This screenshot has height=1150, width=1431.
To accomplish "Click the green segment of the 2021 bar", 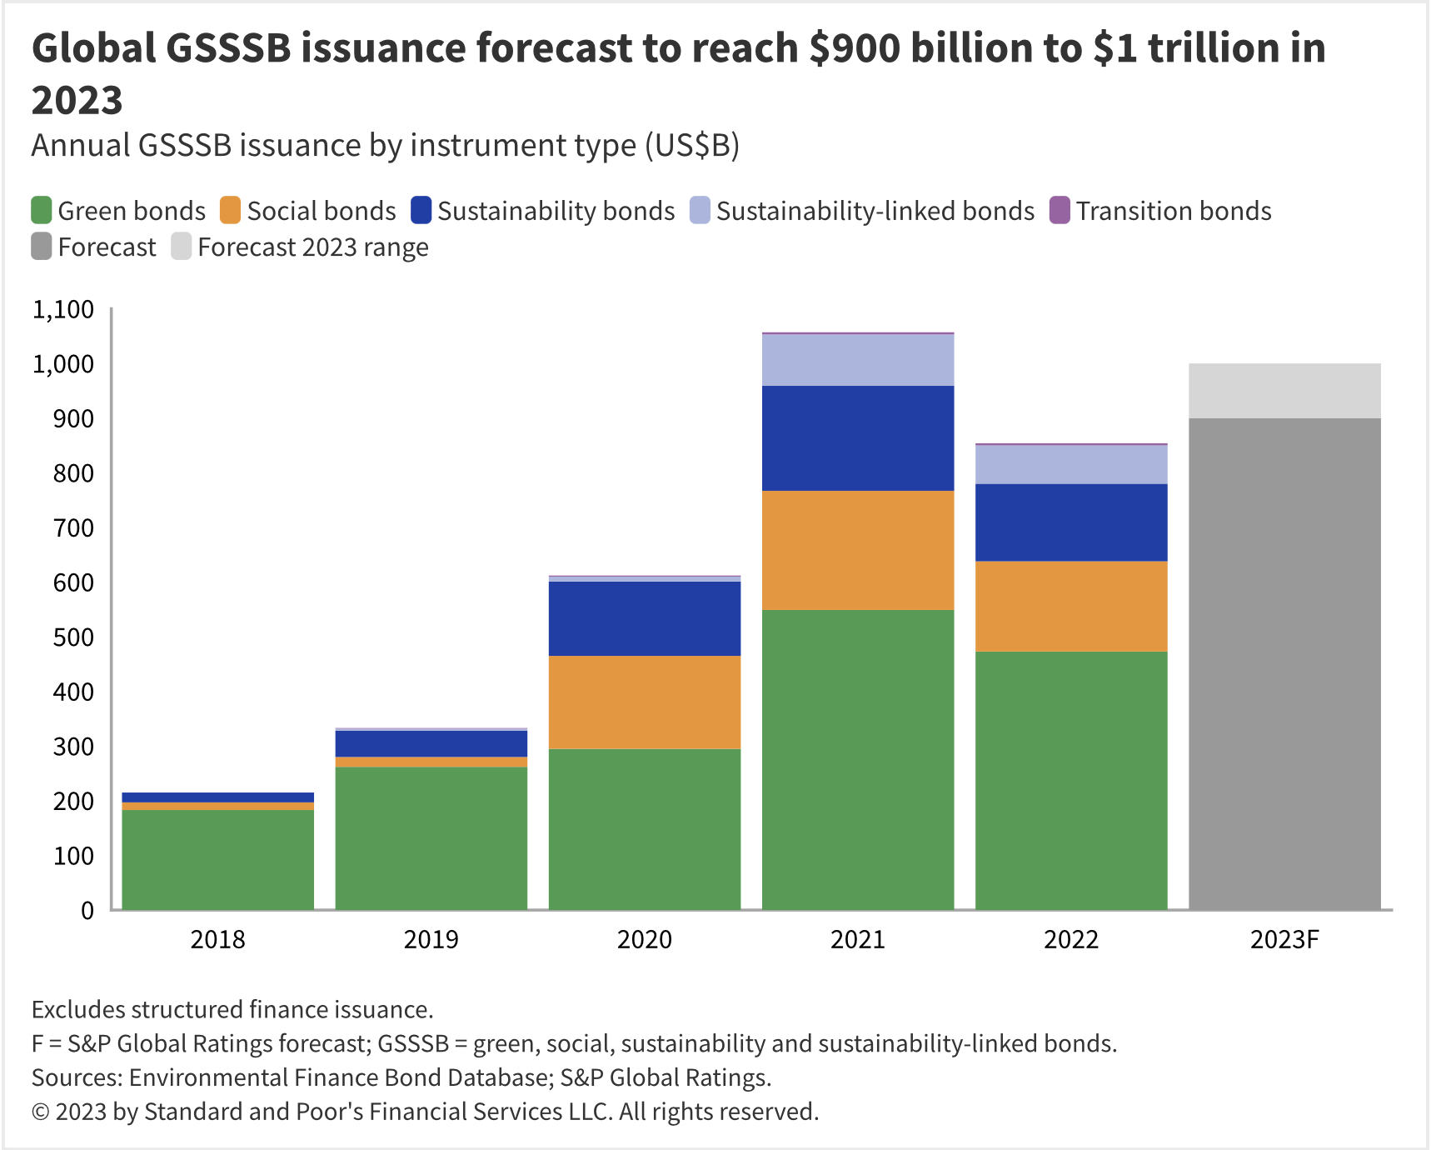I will tap(858, 759).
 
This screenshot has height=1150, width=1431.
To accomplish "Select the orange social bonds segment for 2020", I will tap(645, 702).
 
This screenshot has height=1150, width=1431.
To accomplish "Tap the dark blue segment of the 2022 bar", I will tap(1071, 522).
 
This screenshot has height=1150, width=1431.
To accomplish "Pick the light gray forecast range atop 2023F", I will tap(1284, 391).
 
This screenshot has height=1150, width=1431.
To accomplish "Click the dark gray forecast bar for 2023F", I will tap(1284, 663).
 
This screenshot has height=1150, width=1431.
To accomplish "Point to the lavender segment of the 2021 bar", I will tap(858, 360).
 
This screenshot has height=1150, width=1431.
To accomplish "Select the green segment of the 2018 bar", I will tap(218, 859).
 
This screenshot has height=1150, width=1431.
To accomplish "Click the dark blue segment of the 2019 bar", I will tap(431, 743).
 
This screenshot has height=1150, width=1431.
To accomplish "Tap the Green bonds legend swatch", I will tap(42, 210).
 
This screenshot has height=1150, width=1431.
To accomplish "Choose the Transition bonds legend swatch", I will tap(1060, 210).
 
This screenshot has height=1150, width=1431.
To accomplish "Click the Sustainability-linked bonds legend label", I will tap(875, 211).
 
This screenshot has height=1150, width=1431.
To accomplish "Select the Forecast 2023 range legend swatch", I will tap(182, 247).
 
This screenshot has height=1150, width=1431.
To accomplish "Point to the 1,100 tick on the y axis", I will tap(63, 310).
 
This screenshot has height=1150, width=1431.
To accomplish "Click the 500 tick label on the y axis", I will tap(73, 637).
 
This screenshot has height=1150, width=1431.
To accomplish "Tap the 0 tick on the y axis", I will tap(87, 910).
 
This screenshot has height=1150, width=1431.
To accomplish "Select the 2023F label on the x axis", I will tap(1284, 940).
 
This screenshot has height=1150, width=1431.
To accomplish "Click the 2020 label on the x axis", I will tap(645, 940).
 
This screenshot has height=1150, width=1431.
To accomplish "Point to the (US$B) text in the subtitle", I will tap(692, 146).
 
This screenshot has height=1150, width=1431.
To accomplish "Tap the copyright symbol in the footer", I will tap(40, 1112).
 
